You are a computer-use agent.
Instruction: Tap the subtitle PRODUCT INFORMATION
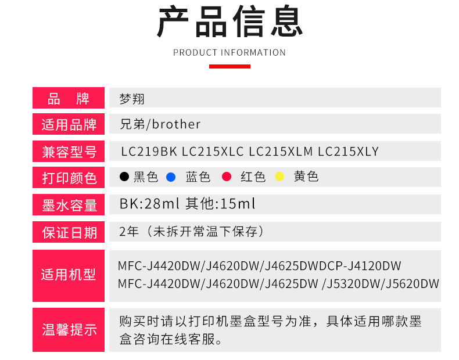[x=229, y=53]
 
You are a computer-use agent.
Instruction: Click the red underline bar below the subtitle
[x=229, y=66]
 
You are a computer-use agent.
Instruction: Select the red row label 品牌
[x=69, y=98]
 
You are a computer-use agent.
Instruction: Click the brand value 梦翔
[x=132, y=99]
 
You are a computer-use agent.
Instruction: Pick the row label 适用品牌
[x=69, y=125]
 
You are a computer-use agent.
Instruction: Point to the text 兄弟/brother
[x=160, y=124]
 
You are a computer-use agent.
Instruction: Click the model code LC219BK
[x=149, y=152]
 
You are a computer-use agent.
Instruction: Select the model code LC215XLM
[x=281, y=152]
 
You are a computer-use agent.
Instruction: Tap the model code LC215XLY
[x=348, y=152]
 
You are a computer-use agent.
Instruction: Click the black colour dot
[x=124, y=177]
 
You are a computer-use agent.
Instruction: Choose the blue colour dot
[x=170, y=177]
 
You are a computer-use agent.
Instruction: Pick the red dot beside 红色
[x=227, y=177]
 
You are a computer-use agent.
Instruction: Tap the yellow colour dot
[x=279, y=177]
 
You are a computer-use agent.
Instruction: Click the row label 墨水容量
[x=69, y=205]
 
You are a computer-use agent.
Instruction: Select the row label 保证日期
[x=69, y=233]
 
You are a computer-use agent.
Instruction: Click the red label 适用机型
[x=69, y=275]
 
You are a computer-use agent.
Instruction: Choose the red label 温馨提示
[x=69, y=330]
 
